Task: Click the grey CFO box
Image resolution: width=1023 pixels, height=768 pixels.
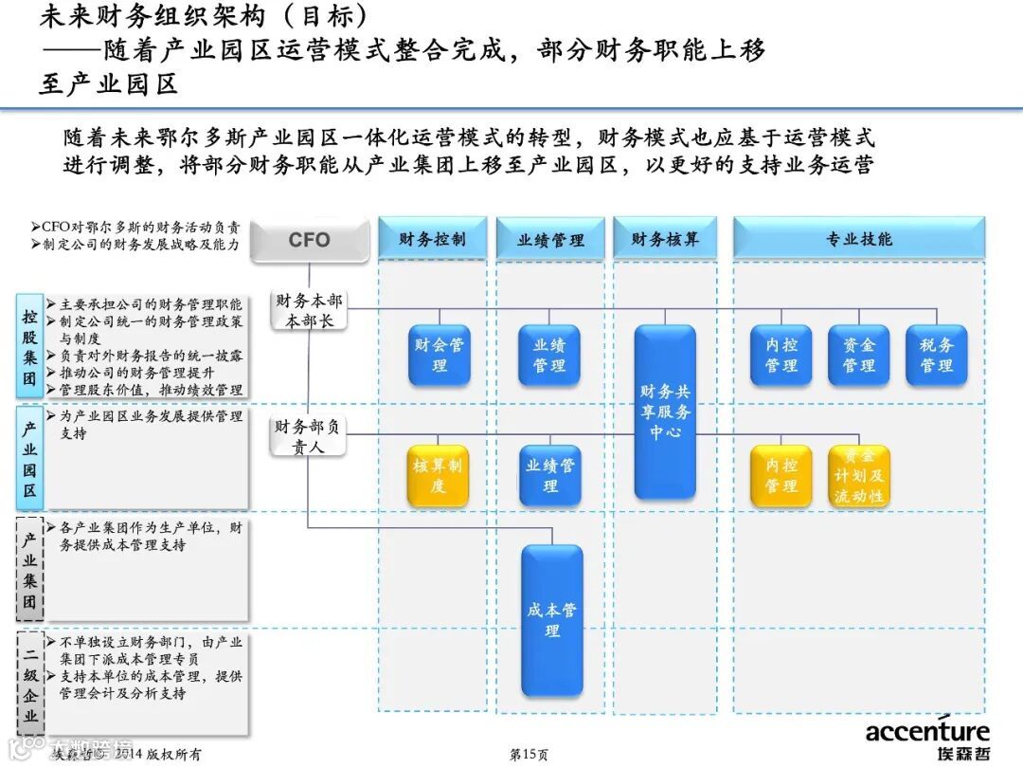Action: (309, 240)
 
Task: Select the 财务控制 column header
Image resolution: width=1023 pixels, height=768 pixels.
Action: (432, 239)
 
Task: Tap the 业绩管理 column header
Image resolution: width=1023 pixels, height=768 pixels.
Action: (550, 240)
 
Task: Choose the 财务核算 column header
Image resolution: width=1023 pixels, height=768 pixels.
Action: (665, 239)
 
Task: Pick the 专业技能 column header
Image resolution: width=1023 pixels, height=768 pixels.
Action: (858, 239)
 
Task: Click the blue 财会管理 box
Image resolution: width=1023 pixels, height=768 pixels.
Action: (440, 355)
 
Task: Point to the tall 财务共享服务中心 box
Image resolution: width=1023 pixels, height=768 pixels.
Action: (665, 411)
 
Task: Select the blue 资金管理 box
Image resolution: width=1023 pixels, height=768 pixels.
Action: (858, 355)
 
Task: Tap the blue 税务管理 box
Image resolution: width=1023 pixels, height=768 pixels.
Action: (936, 355)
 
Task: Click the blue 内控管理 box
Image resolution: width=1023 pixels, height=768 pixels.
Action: (781, 355)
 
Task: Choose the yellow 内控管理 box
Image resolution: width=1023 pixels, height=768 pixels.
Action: (781, 475)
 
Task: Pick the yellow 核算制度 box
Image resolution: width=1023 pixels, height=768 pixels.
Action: (438, 475)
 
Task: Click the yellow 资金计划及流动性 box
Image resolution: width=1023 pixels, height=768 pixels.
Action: (858, 475)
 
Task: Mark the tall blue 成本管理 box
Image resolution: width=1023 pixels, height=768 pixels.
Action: (551, 620)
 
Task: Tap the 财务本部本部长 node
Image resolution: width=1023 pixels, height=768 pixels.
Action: (309, 310)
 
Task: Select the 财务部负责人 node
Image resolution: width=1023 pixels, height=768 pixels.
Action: (307, 436)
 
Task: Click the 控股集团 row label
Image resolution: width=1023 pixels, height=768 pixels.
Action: (30, 351)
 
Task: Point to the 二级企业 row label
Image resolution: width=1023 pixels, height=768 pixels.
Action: (30, 683)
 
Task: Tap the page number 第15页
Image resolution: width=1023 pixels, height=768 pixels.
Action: (528, 755)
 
